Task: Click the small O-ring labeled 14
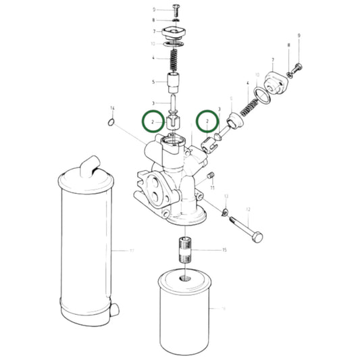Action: [x=111, y=122]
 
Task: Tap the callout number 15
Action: [x=224, y=251]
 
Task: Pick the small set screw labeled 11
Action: [x=210, y=178]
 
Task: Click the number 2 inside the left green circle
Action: [x=153, y=122]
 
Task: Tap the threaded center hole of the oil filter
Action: [x=184, y=278]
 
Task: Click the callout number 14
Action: [x=112, y=108]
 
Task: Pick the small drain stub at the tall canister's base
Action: [x=115, y=310]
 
